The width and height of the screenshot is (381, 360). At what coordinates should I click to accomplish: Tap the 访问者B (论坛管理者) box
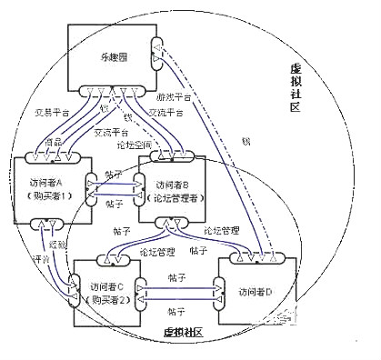coord(178,188)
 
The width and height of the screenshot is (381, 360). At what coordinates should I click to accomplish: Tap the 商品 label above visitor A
coord(54,142)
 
